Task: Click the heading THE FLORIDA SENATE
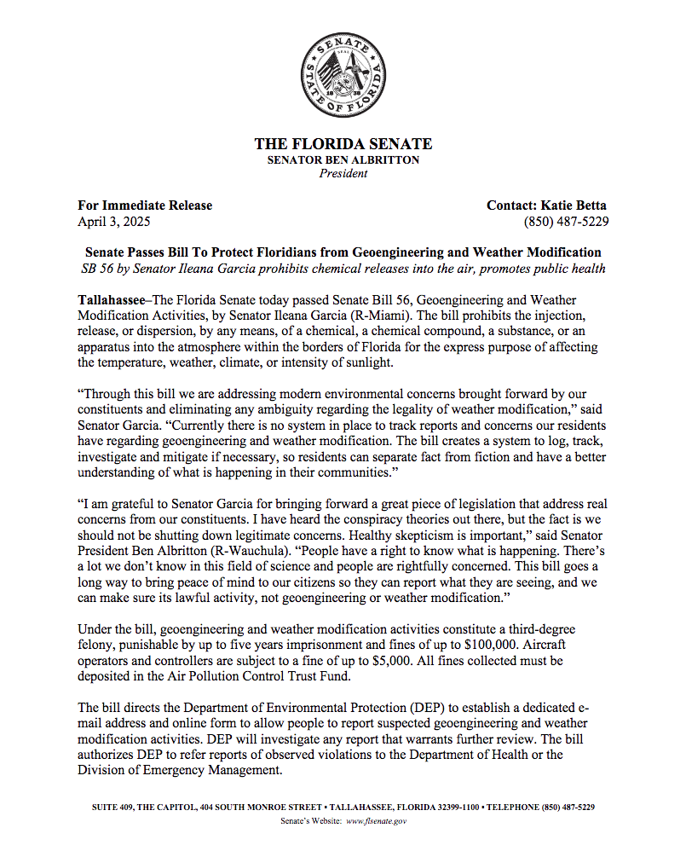click(343, 144)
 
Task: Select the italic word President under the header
click(343, 173)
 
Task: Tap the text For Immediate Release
click(145, 206)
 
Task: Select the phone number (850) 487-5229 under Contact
click(566, 222)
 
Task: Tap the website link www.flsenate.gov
click(377, 821)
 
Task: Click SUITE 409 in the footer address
click(114, 807)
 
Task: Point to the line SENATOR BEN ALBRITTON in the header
click(343, 159)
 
